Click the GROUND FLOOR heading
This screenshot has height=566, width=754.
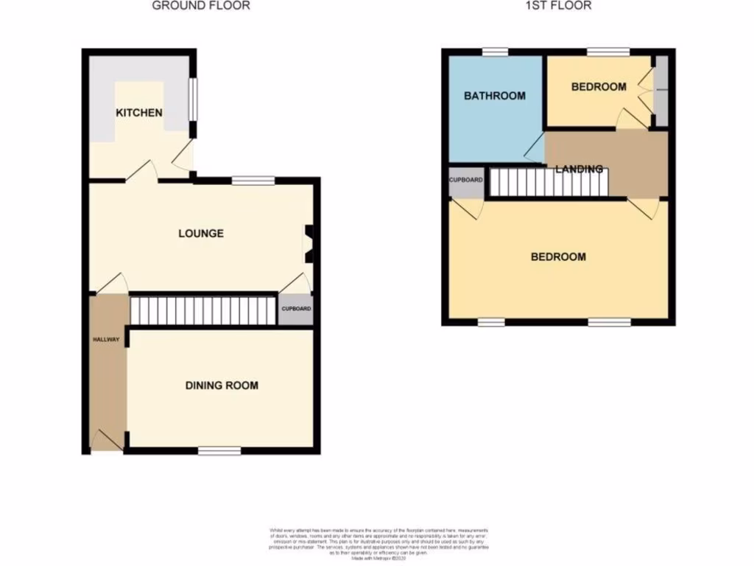tap(201, 6)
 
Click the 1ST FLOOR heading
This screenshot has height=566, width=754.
tap(558, 6)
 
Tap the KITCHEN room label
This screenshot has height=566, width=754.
tap(139, 113)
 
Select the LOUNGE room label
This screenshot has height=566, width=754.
tap(201, 234)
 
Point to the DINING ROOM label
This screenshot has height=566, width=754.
tap(222, 385)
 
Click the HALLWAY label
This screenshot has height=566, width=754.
tap(106, 340)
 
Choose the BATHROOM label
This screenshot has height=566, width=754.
tap(494, 96)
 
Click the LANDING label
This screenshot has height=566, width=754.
tap(579, 169)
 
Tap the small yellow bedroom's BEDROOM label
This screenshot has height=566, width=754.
tap(599, 86)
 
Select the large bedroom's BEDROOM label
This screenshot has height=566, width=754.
tap(559, 256)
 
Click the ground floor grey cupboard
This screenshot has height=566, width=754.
tap(295, 310)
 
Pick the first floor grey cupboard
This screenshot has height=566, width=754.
tap(466, 181)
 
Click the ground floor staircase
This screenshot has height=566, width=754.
tap(202, 310)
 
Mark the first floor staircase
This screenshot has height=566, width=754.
tap(549, 182)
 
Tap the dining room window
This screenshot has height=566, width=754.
tap(219, 450)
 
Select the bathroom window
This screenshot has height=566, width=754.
tap(495, 51)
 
